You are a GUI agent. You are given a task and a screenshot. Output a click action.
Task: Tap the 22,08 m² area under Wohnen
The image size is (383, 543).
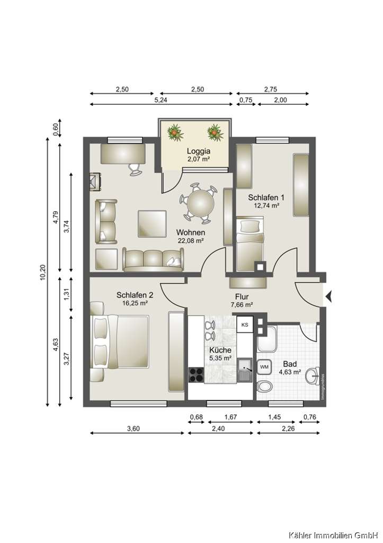click(x=191, y=240)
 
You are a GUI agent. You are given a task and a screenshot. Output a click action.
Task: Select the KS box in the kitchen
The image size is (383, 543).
click(x=244, y=324)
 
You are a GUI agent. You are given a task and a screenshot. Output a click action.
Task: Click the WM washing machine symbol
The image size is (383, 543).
click(x=264, y=366)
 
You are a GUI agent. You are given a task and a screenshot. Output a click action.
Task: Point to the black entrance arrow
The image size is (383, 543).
click(x=329, y=297)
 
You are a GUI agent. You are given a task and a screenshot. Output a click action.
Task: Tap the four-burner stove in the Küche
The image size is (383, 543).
click(x=196, y=375)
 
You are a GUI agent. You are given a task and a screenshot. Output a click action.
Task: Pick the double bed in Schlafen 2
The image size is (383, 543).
click(x=121, y=340)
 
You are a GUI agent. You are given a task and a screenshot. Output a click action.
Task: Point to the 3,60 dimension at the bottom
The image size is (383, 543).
click(x=133, y=429)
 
